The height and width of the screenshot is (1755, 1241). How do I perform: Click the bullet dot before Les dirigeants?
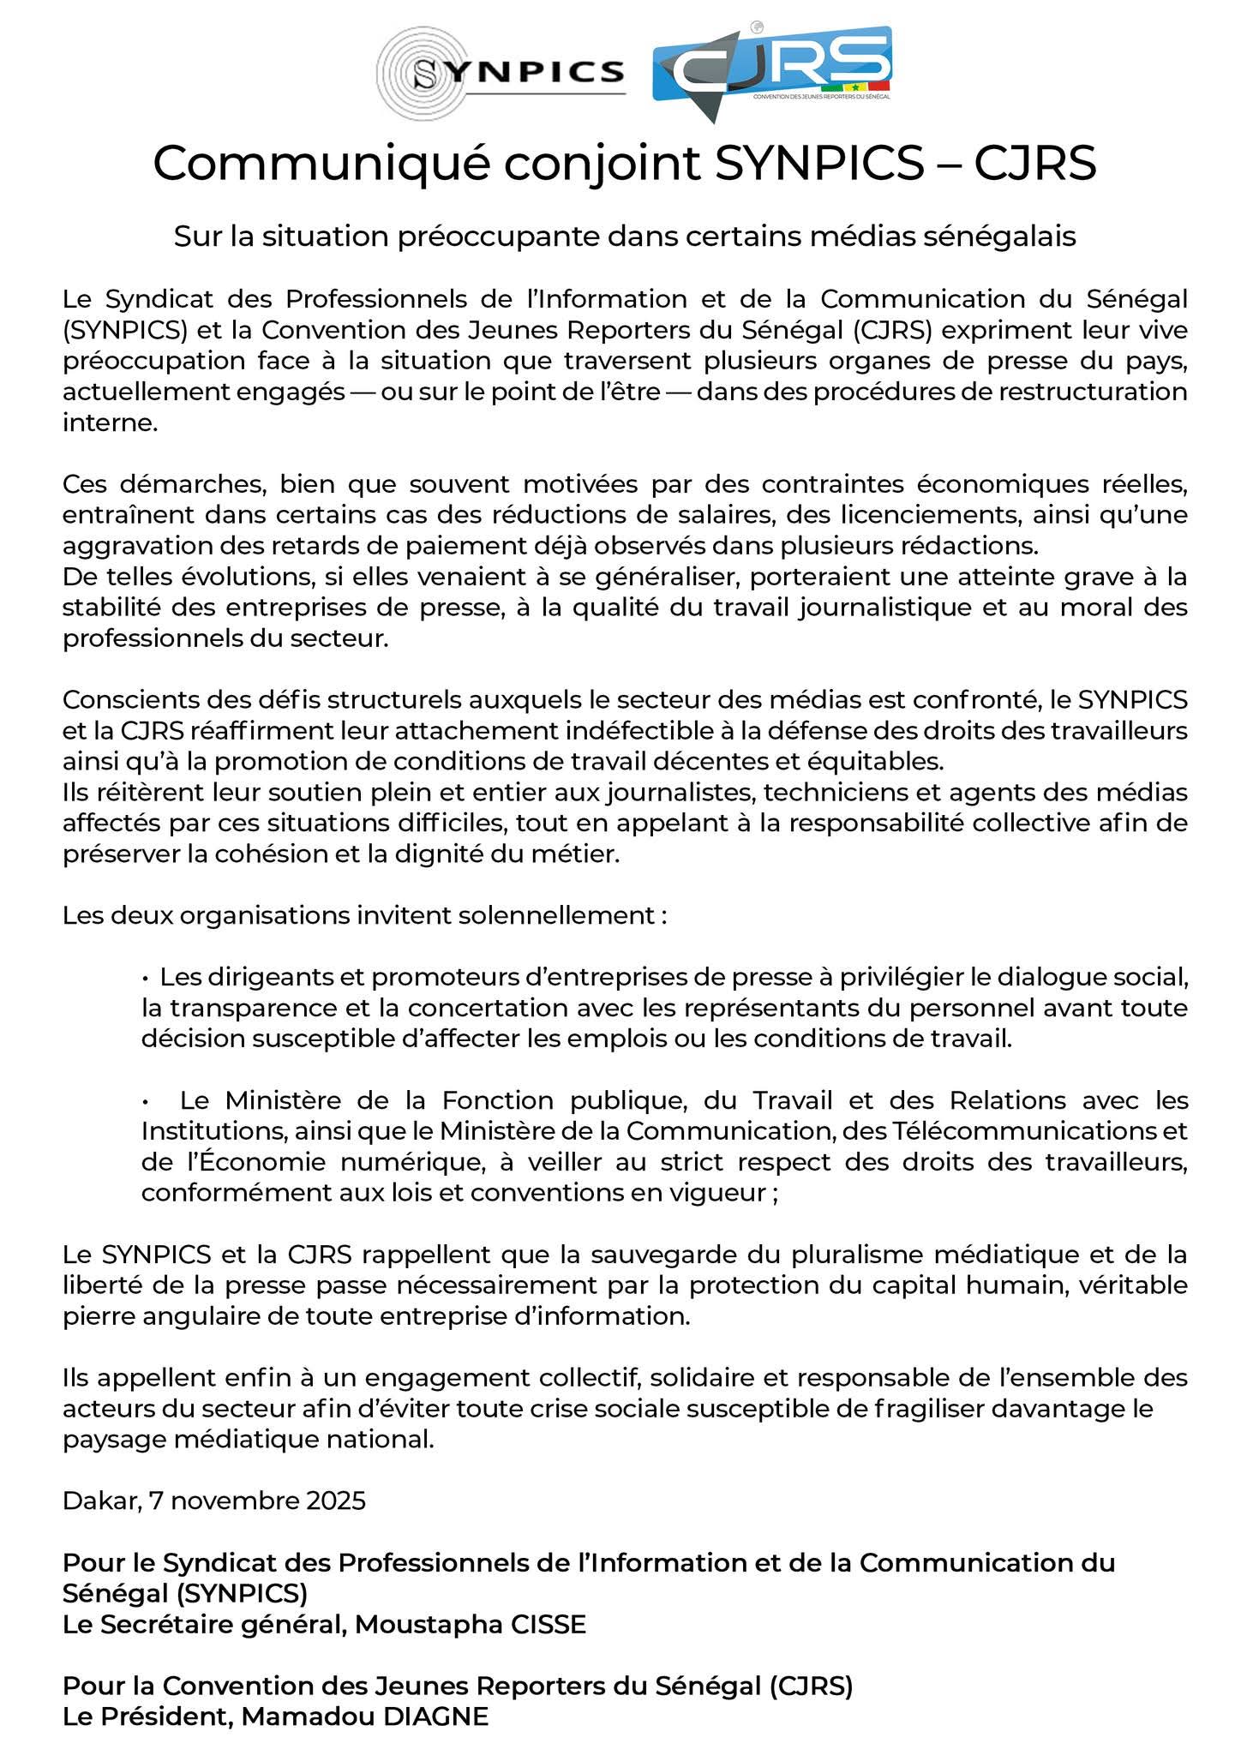(x=147, y=977)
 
